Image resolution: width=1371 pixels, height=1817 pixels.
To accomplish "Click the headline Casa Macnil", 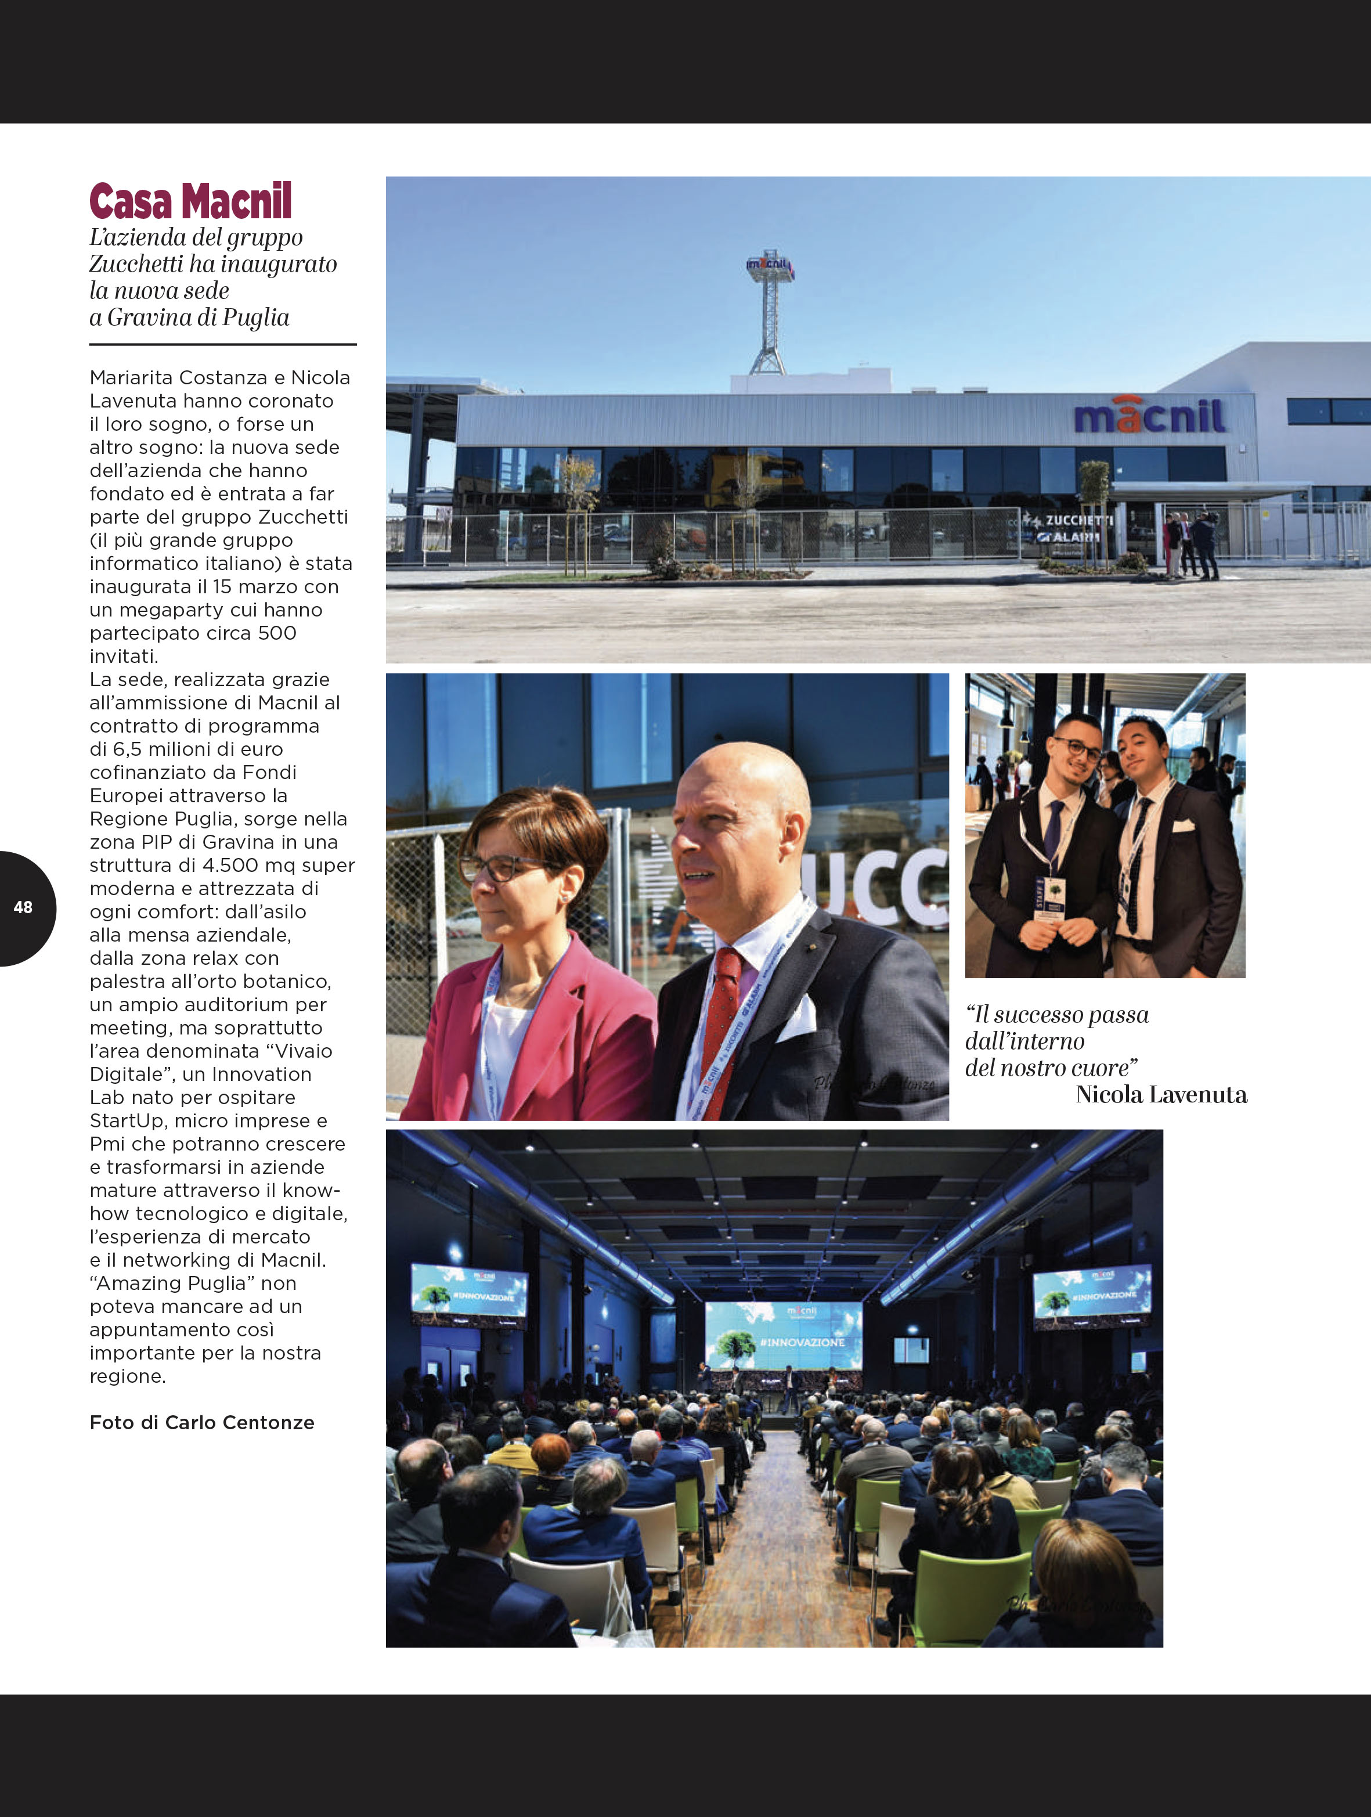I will coord(190,202).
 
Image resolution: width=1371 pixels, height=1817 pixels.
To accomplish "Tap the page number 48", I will coord(23,907).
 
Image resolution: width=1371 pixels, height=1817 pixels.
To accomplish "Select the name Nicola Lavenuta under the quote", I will coord(1161,1094).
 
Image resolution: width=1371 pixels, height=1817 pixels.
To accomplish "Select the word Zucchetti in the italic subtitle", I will coord(136,265).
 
